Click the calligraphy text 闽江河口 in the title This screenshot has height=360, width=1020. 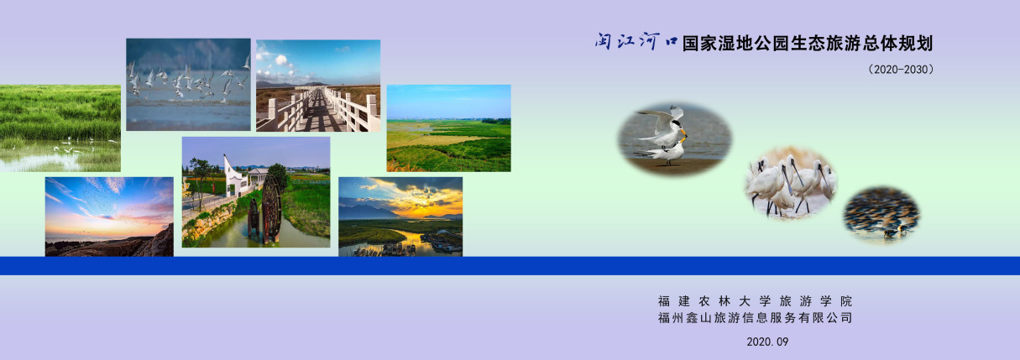636,41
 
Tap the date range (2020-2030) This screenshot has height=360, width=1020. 901,70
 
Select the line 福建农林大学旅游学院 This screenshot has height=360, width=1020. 755,301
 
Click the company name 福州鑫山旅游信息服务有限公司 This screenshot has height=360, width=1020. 755,318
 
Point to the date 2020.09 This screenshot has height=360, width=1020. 767,342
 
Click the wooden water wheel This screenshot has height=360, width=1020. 271,208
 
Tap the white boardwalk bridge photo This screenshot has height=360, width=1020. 318,86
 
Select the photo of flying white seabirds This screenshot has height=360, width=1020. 188,84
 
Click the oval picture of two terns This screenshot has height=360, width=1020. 674,138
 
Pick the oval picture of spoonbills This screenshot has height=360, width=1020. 791,182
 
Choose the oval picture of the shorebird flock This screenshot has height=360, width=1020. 881,214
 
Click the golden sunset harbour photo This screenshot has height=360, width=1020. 400,217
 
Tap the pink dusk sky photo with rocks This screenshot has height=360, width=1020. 109,217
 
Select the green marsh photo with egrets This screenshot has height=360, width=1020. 60,128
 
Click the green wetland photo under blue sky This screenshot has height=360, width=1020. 448,128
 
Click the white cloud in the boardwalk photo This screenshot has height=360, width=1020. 281,60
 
